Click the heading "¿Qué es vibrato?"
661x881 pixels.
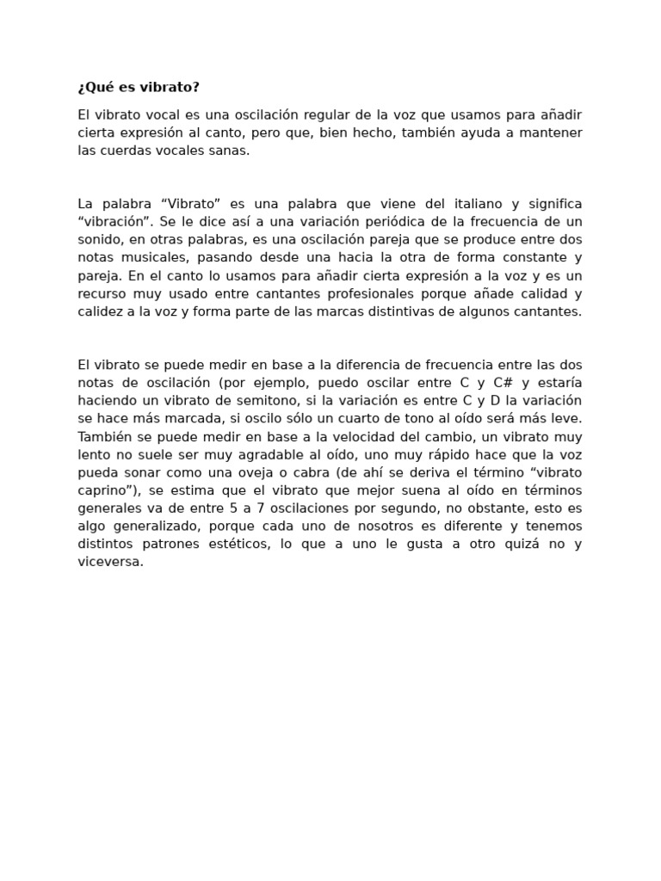pyautogui.click(x=138, y=88)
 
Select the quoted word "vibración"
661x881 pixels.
pyautogui.click(x=109, y=222)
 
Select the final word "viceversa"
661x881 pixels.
pyautogui.click(x=109, y=562)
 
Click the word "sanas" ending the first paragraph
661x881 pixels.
pyautogui.click(x=231, y=150)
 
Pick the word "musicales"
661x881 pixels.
pyautogui.click(x=139, y=257)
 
